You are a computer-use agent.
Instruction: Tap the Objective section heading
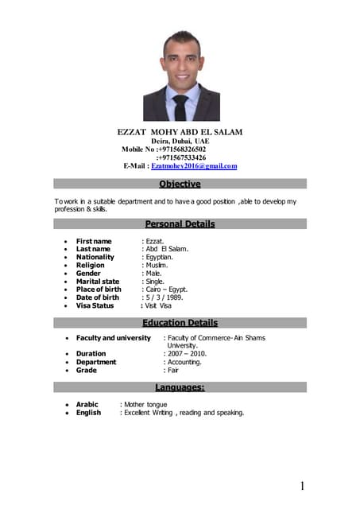click(180, 185)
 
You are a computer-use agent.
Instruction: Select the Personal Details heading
click(180, 224)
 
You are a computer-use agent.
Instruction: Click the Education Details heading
click(180, 323)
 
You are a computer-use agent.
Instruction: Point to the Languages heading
click(180, 387)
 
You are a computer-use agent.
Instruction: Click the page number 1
click(303, 486)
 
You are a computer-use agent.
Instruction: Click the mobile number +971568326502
click(181, 149)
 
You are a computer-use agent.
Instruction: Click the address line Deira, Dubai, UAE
click(180, 140)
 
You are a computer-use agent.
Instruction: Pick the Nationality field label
click(95, 257)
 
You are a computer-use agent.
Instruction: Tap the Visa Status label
click(95, 305)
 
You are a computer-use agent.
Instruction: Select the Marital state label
click(98, 281)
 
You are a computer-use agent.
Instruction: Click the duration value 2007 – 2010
click(185, 354)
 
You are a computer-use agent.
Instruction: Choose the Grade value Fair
click(172, 370)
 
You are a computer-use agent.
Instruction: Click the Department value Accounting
click(184, 362)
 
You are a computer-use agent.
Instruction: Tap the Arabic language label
click(87, 405)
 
